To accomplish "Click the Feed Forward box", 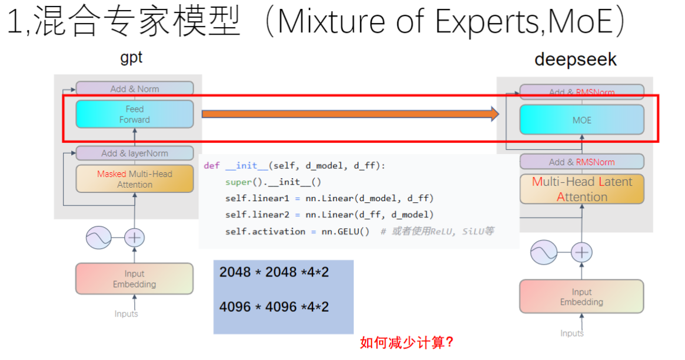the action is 134,114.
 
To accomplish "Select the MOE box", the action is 581,120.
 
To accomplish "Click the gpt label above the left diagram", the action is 131,58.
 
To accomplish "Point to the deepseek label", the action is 576,59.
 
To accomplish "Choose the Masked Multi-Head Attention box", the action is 134,179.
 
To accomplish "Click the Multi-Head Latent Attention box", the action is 581,189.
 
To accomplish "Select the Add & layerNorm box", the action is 134,153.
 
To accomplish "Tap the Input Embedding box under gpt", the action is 134,279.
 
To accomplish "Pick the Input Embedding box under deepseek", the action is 581,296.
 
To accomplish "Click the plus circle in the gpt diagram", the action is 135,238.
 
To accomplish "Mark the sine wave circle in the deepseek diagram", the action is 543,252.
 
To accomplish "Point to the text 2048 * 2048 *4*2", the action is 274,272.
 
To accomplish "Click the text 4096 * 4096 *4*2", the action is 274,306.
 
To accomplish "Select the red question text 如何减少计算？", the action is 407,342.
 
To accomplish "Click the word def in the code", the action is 211,166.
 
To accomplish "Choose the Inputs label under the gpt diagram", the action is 126,314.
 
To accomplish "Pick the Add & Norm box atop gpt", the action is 134,89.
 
